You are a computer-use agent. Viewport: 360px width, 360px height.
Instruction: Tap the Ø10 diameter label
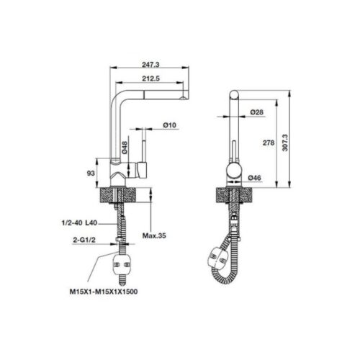click(170, 125)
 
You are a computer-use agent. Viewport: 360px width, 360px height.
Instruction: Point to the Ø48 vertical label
click(125, 148)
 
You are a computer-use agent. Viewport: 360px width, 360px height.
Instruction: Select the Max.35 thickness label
click(153, 235)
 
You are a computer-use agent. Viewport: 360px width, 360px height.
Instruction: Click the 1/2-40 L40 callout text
click(79, 224)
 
